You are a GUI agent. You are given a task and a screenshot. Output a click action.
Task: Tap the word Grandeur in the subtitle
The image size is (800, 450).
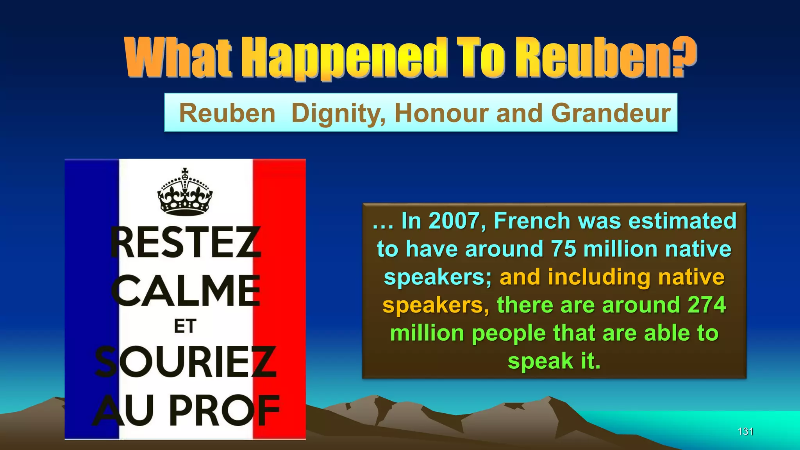click(611, 113)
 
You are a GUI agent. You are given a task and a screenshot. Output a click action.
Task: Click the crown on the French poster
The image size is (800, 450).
click(185, 192)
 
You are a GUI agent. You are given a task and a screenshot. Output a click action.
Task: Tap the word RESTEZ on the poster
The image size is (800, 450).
click(185, 243)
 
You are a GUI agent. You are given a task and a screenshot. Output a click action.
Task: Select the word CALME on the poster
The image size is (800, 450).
click(186, 291)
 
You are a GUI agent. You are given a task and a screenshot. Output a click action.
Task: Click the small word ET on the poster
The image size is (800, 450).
click(185, 327)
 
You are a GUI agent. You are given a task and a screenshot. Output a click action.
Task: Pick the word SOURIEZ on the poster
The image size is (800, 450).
click(186, 362)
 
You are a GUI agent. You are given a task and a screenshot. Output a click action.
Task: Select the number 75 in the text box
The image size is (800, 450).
click(563, 249)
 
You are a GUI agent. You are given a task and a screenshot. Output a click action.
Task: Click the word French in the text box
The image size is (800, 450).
click(532, 221)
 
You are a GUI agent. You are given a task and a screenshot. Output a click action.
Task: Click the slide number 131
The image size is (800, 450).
click(745, 431)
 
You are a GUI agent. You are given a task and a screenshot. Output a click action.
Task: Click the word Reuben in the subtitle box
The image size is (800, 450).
click(227, 113)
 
